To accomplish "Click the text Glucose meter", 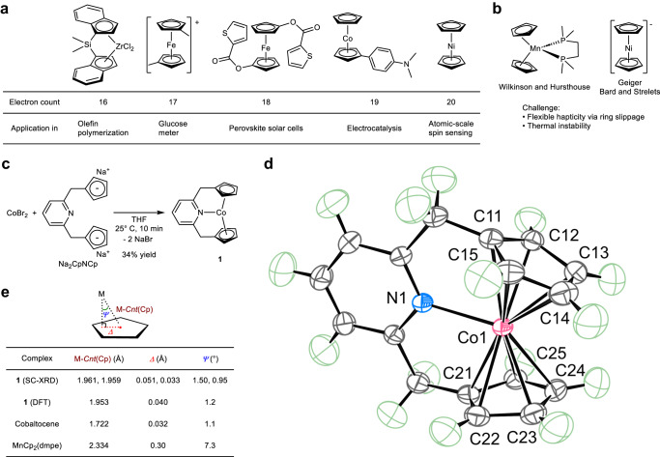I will coord(195,129).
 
